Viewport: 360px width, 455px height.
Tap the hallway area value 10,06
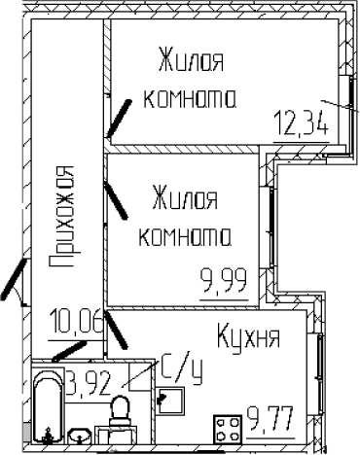click(x=75, y=319)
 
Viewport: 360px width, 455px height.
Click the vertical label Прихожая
click(x=65, y=215)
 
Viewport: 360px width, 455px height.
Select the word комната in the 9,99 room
click(x=186, y=236)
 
